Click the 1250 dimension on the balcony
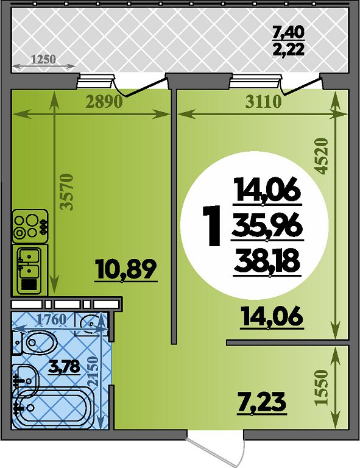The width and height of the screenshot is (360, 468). (43, 58)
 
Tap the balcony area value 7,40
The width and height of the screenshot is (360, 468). (288, 32)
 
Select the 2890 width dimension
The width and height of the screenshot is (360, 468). (104, 102)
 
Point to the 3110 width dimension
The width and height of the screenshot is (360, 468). (263, 102)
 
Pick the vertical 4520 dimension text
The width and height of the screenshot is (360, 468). (322, 156)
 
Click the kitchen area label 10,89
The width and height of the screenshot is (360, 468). (125, 269)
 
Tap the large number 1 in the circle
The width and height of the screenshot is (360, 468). (211, 226)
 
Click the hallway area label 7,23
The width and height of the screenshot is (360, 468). (261, 403)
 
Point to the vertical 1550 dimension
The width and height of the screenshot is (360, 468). (322, 387)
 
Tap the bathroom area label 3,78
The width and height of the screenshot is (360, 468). (64, 366)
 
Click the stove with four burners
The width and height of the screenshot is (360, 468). (30, 226)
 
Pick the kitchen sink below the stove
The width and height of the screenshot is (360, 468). (29, 270)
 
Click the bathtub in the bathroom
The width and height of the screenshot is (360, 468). (52, 406)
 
